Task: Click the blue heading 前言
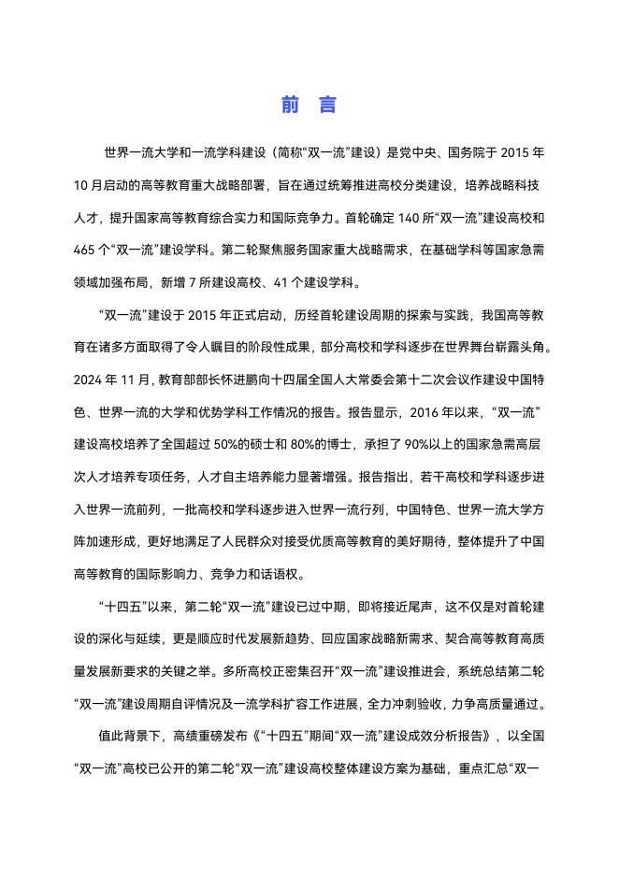coord(309,105)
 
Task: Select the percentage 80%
coord(324,441)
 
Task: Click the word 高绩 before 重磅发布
coord(183,736)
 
